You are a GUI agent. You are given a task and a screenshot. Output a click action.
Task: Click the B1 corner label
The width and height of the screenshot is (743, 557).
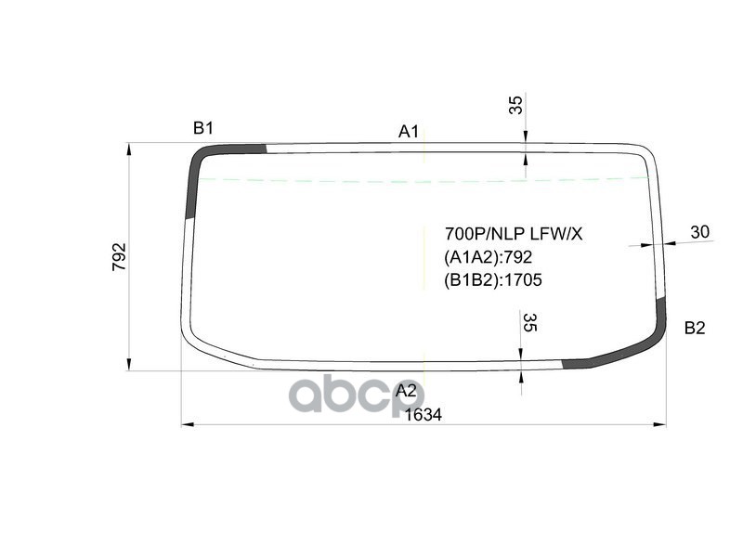[203, 128]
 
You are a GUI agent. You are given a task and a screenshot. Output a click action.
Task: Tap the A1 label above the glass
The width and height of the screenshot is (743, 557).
[409, 132]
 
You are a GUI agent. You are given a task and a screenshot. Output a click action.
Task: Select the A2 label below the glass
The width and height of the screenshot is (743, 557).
[406, 390]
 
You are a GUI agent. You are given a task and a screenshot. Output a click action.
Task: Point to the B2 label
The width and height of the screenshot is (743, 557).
[695, 328]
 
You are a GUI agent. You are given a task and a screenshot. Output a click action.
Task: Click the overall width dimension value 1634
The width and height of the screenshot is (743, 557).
[424, 415]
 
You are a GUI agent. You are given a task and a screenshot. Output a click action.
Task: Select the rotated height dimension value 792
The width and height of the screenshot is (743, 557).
[119, 256]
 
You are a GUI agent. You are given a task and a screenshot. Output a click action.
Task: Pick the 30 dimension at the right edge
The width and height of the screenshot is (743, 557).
[700, 233]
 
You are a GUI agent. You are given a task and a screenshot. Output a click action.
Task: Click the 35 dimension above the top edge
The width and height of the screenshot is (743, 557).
[516, 105]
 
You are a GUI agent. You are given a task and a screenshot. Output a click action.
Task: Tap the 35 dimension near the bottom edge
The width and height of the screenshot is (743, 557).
[529, 323]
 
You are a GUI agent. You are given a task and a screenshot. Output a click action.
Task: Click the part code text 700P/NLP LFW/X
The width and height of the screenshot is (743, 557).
[513, 234]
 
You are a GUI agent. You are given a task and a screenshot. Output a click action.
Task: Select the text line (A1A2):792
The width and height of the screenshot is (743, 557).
[489, 257]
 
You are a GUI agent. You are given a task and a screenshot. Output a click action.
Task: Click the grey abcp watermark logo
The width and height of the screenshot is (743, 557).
[357, 395]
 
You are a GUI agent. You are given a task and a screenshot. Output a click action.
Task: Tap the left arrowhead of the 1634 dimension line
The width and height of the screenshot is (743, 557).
[185, 425]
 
